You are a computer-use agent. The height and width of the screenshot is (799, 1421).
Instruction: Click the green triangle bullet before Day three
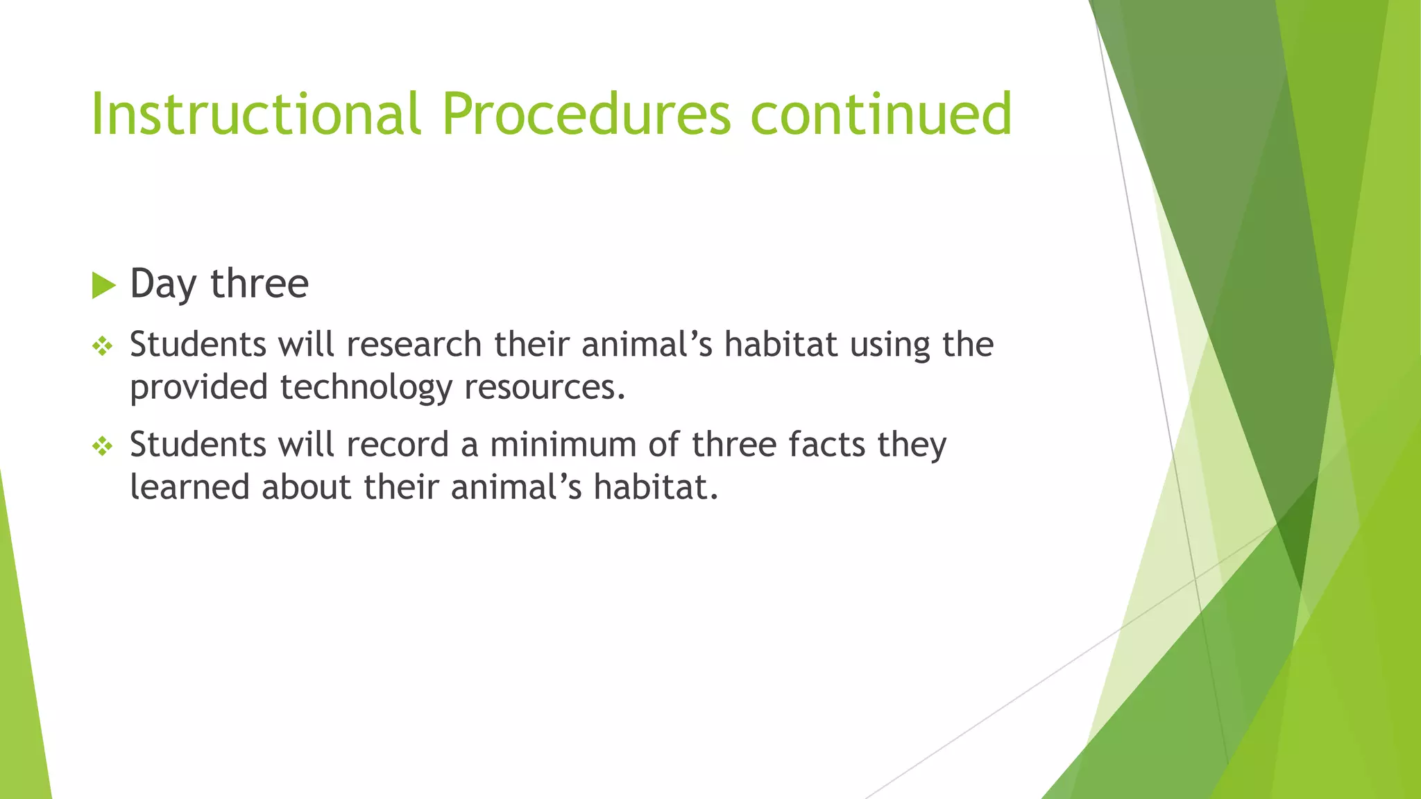pos(103,285)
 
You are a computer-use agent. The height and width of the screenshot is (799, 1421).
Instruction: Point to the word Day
pos(162,284)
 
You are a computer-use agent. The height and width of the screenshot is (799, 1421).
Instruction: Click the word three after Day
pos(259,283)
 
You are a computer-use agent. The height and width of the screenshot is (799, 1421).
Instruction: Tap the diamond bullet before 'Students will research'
pos(103,345)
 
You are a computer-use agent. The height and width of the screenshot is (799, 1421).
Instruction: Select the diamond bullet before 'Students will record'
pos(103,446)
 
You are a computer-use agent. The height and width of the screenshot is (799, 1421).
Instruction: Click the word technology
pos(366,387)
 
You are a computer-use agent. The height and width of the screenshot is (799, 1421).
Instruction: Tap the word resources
pos(545,387)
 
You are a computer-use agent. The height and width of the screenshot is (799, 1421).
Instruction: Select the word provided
pos(199,387)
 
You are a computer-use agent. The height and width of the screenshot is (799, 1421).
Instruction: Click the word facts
pos(826,444)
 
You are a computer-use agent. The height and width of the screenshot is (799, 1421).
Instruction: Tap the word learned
pos(189,486)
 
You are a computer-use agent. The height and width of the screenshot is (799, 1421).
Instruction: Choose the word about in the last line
pos(307,486)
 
